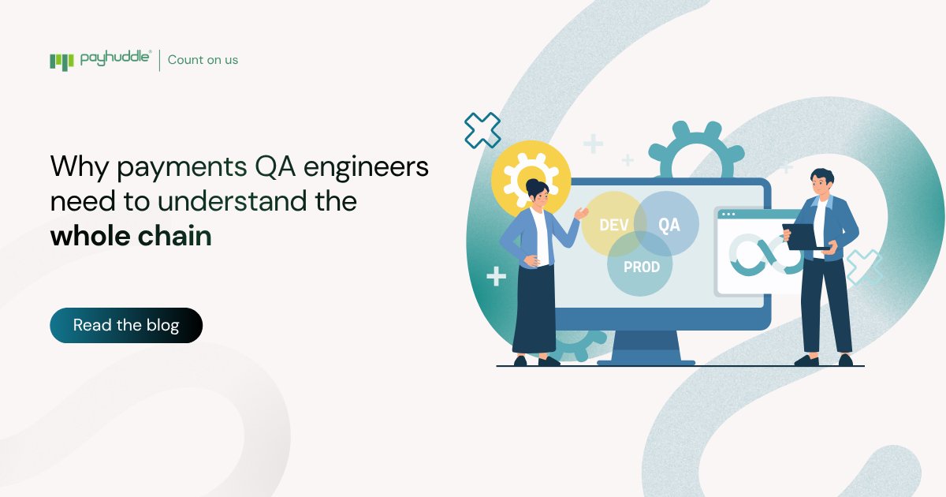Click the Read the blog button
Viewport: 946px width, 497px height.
click(x=126, y=325)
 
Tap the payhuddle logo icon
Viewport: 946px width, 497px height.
click(x=61, y=61)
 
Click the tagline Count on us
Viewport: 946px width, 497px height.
click(x=203, y=60)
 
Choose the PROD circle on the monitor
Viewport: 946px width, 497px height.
click(x=641, y=267)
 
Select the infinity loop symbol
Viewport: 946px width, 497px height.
click(x=761, y=254)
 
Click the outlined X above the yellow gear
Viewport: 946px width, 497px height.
click(x=482, y=130)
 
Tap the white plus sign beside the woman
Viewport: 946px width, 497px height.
click(x=496, y=276)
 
